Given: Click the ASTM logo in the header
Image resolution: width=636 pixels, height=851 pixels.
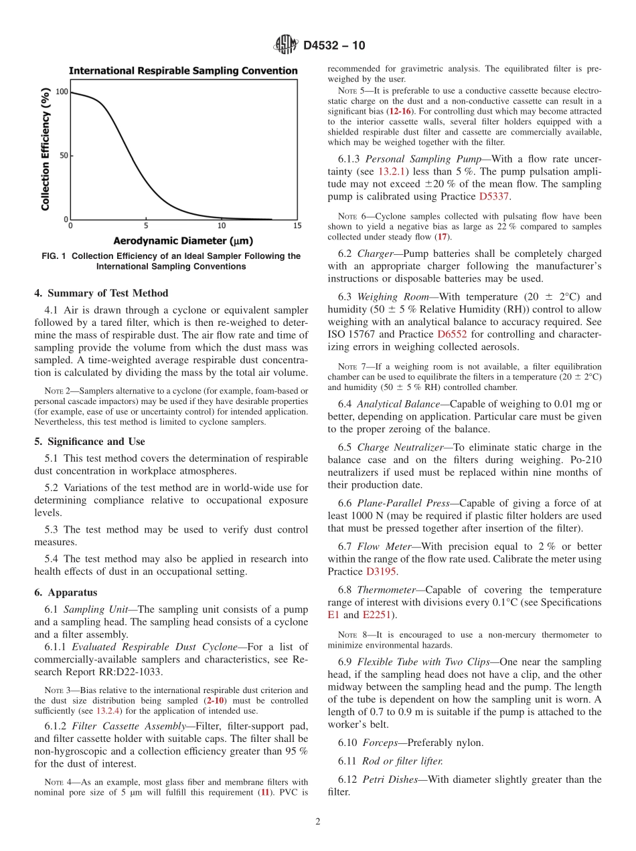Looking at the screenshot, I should pyautogui.click(x=285, y=45).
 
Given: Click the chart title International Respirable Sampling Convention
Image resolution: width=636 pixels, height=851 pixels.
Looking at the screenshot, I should pyautogui.click(x=183, y=71).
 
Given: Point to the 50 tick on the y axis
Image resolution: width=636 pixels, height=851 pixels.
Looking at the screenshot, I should pyautogui.click(x=65, y=156).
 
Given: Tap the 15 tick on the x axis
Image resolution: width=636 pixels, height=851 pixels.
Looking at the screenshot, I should pyautogui.click(x=297, y=226).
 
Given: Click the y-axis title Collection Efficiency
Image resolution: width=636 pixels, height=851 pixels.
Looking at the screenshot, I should pyautogui.click(x=46, y=151).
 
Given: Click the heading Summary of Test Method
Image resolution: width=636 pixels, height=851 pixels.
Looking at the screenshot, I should pyautogui.click(x=101, y=293).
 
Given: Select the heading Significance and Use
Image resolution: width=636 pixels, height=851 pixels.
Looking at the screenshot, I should pyautogui.click(x=90, y=442).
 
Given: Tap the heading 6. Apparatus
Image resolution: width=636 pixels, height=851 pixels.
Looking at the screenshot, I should pyautogui.click(x=66, y=592).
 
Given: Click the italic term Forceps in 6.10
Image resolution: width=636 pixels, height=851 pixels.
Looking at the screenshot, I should pyautogui.click(x=380, y=743).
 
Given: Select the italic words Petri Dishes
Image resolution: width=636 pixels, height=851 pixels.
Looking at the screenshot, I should pyautogui.click(x=389, y=779).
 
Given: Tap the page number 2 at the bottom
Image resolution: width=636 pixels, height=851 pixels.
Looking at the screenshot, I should pyautogui.click(x=318, y=822).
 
